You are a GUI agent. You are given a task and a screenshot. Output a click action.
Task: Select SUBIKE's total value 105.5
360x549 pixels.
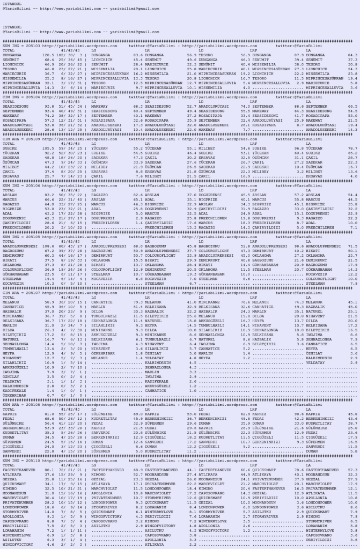tap(49, 147)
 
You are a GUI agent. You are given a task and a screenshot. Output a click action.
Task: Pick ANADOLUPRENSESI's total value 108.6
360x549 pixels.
tap(49, 246)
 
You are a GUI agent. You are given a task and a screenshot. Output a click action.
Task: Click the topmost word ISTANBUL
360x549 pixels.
tap(11, 4)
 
